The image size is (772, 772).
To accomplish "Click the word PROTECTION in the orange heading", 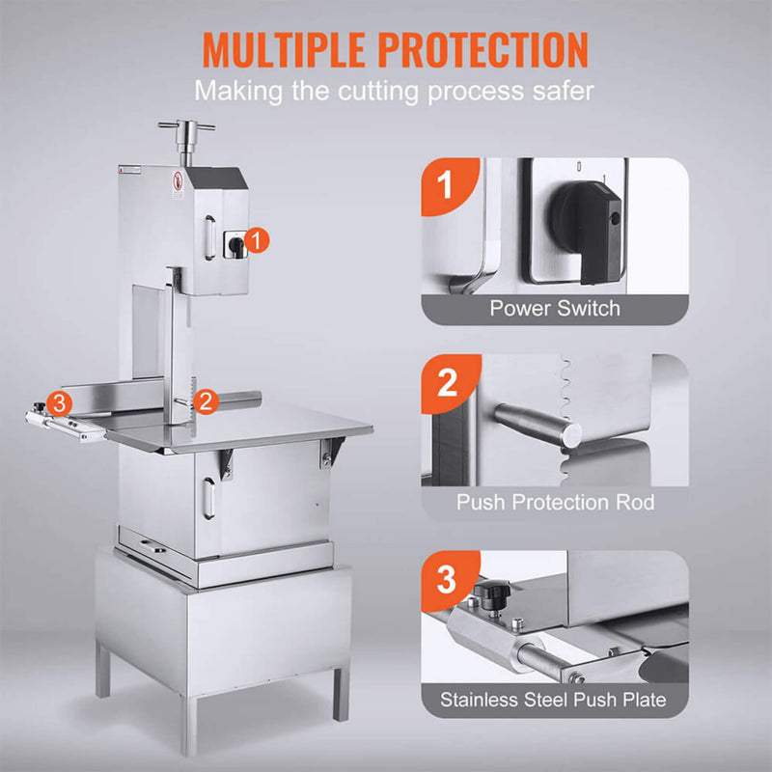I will click(x=484, y=49).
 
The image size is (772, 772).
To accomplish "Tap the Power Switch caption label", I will click(x=555, y=309).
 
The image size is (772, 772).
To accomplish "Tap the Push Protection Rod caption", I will click(x=555, y=503).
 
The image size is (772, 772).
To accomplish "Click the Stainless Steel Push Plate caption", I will click(x=554, y=698).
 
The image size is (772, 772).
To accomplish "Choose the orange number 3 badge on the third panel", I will click(x=446, y=578).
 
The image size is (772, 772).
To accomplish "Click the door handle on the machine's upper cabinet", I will click(x=207, y=236).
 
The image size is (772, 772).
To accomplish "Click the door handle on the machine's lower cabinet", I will click(x=207, y=497).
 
